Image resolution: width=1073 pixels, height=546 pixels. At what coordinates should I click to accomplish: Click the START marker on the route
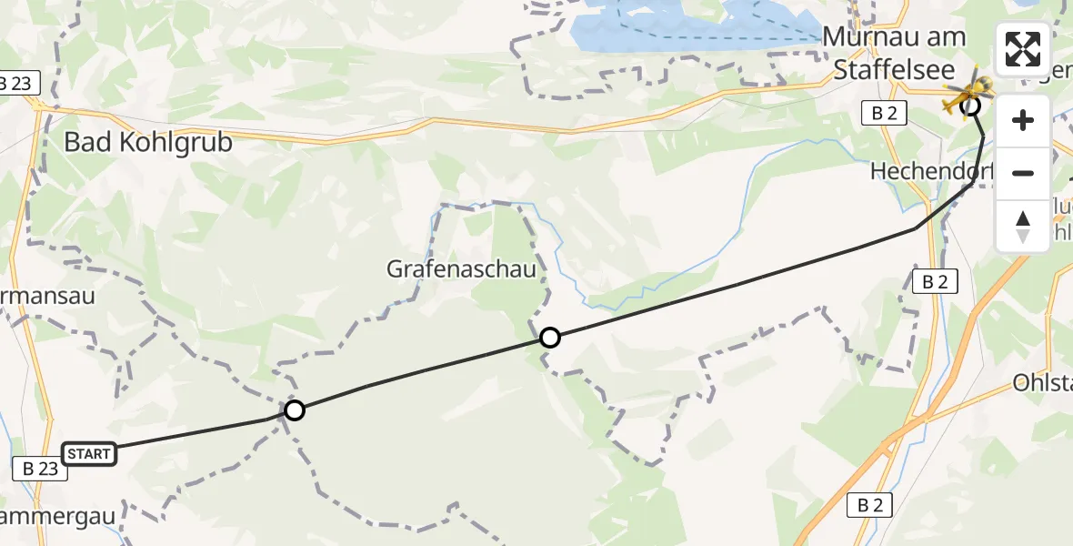coord(89,453)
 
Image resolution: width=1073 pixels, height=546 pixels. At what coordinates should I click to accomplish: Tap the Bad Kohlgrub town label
coord(148,143)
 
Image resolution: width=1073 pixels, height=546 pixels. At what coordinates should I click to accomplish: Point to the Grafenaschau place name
coord(461,269)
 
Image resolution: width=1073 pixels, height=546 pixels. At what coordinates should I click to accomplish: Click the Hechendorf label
coord(931,171)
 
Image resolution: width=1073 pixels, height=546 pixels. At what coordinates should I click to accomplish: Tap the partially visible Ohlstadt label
coord(1043,383)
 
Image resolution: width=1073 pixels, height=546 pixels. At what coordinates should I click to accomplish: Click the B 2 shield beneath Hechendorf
coord(935,282)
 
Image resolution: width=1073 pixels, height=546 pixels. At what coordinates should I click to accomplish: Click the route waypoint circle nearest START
coord(294,410)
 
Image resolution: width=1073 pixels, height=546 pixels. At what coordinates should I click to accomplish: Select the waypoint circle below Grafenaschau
coord(549,339)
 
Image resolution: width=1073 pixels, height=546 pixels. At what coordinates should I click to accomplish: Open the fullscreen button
coord(1023,49)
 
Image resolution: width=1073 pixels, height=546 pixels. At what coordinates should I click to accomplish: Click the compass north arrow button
coord(1023,226)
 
